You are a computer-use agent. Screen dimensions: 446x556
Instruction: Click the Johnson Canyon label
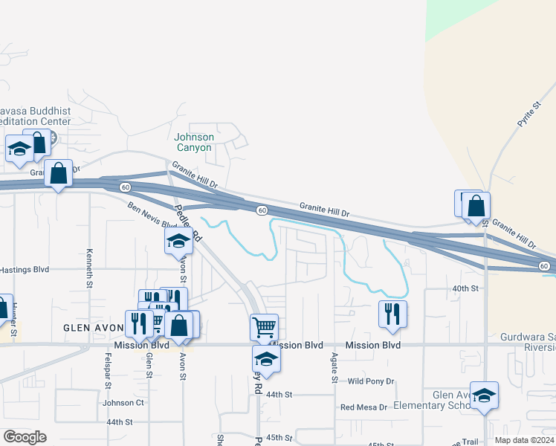coord(194,142)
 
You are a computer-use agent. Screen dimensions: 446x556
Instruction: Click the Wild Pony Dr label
coord(370,381)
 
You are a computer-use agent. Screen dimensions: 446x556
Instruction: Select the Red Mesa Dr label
coord(363,407)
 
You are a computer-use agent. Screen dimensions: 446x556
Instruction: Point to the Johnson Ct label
coord(123,403)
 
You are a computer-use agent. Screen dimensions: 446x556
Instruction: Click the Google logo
coord(25,437)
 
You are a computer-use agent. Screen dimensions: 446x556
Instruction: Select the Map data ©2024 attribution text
coord(525,440)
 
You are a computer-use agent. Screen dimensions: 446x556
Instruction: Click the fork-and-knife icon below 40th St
coord(393,313)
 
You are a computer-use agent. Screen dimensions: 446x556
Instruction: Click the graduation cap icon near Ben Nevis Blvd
coord(178,240)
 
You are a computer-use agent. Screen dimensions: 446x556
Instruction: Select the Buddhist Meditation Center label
coord(35,116)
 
